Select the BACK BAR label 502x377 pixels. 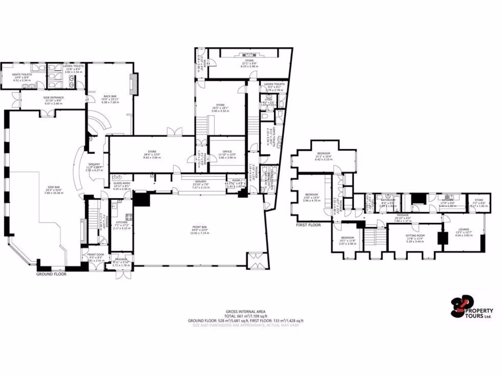[110, 96]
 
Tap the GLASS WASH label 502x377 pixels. [123, 183]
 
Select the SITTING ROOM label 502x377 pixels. [415, 236]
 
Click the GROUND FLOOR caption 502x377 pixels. [51, 274]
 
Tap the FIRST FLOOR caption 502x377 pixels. [308, 225]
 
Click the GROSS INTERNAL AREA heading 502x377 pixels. [245, 311]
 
